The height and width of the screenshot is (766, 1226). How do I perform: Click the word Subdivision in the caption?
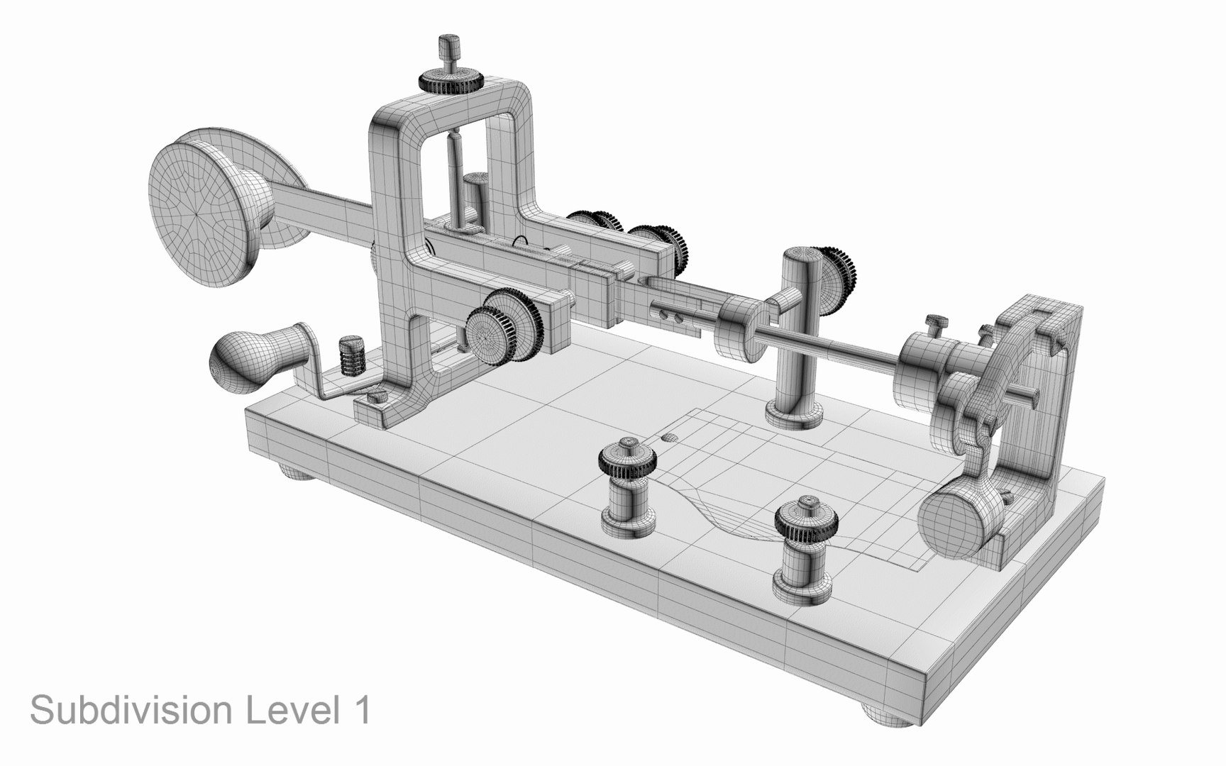132,710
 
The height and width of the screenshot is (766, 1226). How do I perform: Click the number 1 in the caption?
362,709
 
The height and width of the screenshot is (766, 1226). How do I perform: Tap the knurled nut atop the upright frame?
451,81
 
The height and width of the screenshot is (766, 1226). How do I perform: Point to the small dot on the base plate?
668,438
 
